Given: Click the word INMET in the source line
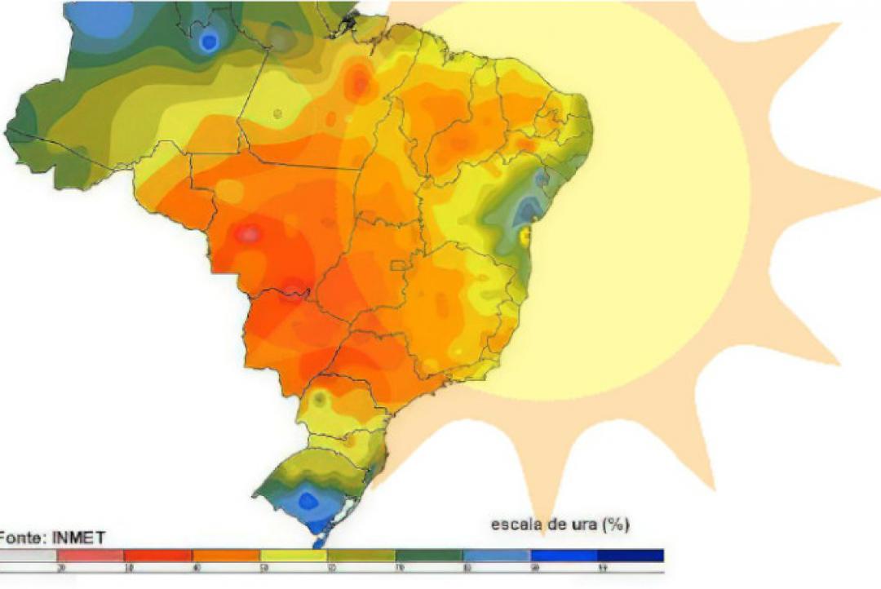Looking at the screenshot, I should click(79, 537).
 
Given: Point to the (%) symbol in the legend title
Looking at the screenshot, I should click(615, 524).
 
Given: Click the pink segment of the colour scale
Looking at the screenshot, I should click(90, 556).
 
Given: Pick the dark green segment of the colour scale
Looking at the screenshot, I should click(429, 556).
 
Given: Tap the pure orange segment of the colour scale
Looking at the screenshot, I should click(224, 556).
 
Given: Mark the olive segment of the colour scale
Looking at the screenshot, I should click(361, 556).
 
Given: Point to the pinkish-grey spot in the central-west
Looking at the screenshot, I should click(250, 234).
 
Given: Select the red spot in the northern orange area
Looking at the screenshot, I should click(359, 80).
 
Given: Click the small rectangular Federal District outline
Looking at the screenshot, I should click(399, 265).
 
